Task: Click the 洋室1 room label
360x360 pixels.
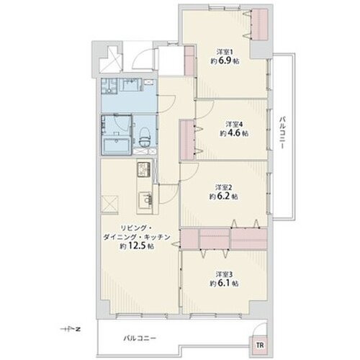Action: tap(225, 52)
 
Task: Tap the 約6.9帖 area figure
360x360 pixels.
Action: tap(225, 61)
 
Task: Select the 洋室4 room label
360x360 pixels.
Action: tap(234, 125)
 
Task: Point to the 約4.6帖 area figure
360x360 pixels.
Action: tap(234, 133)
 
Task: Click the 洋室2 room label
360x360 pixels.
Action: tap(224, 187)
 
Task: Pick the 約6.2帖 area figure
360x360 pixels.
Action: tap(224, 197)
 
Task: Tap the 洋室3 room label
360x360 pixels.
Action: tap(224, 274)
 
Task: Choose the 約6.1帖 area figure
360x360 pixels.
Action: tap(224, 284)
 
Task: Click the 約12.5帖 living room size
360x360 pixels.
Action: tap(137, 246)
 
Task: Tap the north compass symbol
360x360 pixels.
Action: tap(70, 329)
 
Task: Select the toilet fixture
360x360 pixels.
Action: tap(145, 137)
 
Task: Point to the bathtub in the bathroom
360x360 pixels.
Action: tap(117, 146)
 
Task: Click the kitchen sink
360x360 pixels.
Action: tap(145, 200)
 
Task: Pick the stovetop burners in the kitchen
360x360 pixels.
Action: tap(144, 169)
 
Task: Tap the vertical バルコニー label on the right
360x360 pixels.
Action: tap(282, 133)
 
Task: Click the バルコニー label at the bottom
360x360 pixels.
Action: tap(140, 338)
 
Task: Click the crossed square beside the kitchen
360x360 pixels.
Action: tap(109, 204)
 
